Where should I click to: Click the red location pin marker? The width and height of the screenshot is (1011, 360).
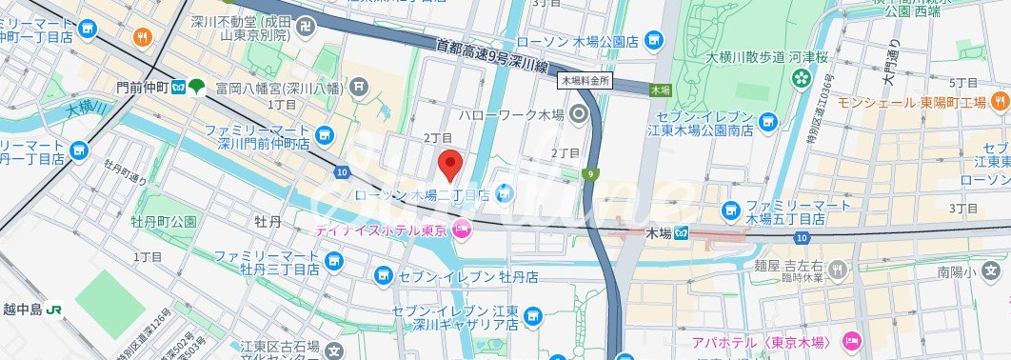(x=450, y=165)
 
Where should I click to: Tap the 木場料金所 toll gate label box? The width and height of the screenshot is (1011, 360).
(x=584, y=82)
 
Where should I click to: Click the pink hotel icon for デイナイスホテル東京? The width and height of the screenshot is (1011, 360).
(x=463, y=229)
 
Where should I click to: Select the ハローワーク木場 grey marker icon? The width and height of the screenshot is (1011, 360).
(x=581, y=115)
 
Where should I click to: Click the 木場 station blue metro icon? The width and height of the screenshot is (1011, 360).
(x=683, y=233)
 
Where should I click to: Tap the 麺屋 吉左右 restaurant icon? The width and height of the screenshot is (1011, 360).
(x=838, y=270)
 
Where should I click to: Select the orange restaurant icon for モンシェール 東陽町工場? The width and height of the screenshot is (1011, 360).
(x=1000, y=101)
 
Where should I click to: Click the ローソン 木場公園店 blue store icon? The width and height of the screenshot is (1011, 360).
(x=653, y=40)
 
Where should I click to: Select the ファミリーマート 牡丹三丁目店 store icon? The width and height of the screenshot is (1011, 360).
(x=332, y=260)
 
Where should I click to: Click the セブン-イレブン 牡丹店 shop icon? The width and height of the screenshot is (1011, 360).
(x=383, y=276)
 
